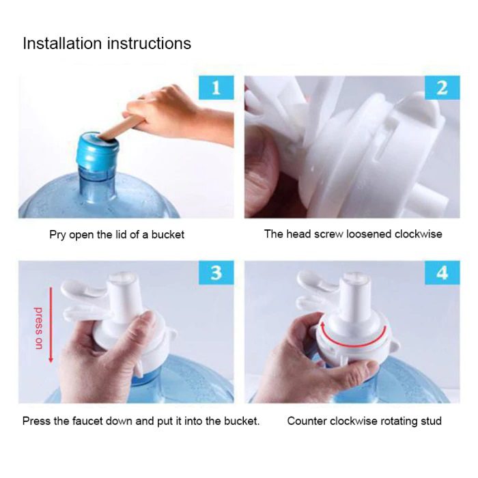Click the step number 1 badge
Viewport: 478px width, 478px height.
(x=216, y=88)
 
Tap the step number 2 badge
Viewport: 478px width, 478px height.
(x=442, y=88)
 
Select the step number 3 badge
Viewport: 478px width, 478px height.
(x=216, y=273)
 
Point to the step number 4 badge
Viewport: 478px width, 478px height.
(x=442, y=273)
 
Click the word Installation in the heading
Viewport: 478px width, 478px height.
(x=61, y=44)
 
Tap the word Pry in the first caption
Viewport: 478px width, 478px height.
(x=58, y=235)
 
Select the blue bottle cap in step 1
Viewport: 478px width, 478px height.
(x=100, y=148)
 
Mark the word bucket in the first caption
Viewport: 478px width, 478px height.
(x=168, y=235)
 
